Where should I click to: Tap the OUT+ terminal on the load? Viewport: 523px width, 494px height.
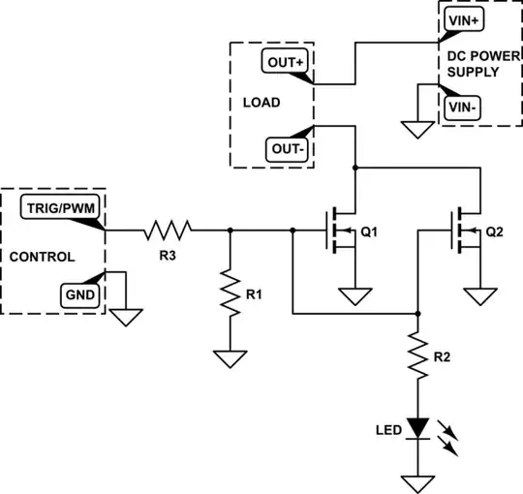pyautogui.click(x=285, y=61)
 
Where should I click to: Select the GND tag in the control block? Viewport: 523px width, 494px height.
pyautogui.click(x=78, y=293)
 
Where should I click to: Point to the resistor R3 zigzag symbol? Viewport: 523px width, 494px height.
pyautogui.click(x=168, y=231)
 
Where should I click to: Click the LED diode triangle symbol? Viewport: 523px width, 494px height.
pyautogui.click(x=417, y=427)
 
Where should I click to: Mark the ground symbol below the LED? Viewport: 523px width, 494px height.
pyautogui.click(x=417, y=481)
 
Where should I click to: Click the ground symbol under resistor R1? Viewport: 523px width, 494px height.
pyautogui.click(x=230, y=358)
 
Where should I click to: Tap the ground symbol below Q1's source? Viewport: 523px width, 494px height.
pyautogui.click(x=355, y=294)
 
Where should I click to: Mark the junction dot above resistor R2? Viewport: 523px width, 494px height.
pyautogui.click(x=417, y=313)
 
